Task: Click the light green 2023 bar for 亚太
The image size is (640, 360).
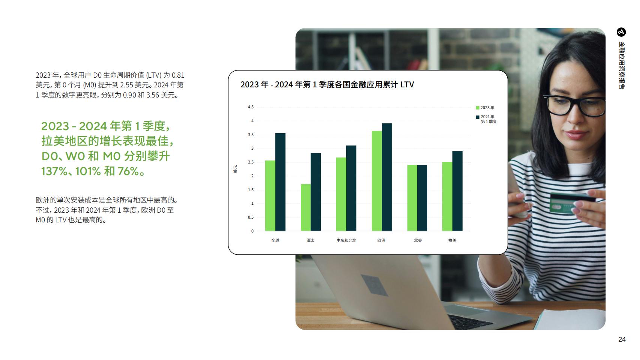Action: (x=306, y=207)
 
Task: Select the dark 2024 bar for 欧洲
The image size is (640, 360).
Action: (x=387, y=177)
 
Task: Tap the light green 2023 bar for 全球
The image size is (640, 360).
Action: (x=270, y=196)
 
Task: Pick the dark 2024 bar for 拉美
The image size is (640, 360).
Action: (x=457, y=191)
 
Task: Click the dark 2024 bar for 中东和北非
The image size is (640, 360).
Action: (x=352, y=188)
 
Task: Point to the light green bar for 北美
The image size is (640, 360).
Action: (x=412, y=198)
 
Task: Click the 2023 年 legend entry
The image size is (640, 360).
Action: (x=485, y=108)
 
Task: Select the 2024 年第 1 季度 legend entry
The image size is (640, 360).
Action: (x=486, y=119)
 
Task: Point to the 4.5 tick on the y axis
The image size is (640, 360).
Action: (x=251, y=107)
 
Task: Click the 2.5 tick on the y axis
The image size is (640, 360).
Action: (x=251, y=162)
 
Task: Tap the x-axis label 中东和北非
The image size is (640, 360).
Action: (x=346, y=241)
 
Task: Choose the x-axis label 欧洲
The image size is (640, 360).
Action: (x=382, y=241)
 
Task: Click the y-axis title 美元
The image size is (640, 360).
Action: (x=235, y=169)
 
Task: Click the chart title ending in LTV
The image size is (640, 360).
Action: (x=327, y=85)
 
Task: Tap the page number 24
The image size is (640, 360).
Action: (x=622, y=339)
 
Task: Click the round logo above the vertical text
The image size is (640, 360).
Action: (x=621, y=32)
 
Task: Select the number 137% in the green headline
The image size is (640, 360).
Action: (x=54, y=171)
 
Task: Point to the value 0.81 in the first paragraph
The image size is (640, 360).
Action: (x=178, y=75)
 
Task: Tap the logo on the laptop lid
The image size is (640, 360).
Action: (x=374, y=285)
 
